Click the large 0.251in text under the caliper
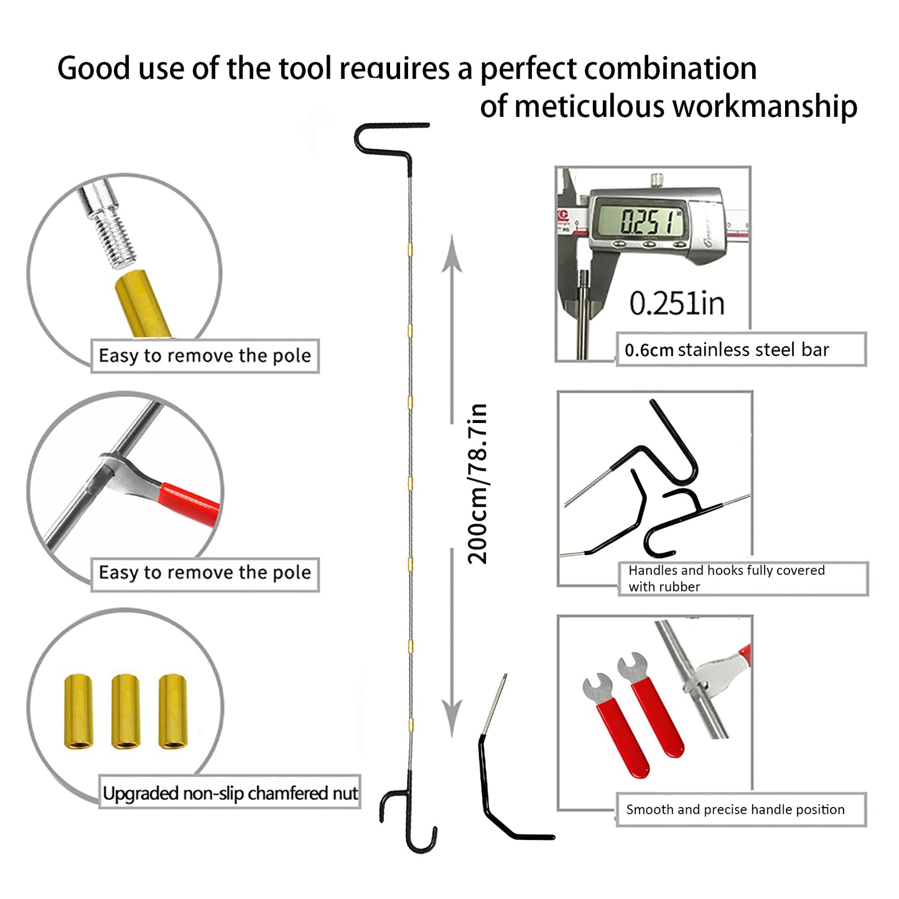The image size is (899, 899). click(677, 304)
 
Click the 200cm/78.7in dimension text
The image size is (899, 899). click(478, 483)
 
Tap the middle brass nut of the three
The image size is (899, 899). click(126, 711)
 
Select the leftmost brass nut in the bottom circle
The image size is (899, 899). click(78, 711)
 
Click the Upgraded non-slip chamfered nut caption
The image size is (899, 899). click(230, 793)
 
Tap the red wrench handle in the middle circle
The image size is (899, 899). click(189, 503)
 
